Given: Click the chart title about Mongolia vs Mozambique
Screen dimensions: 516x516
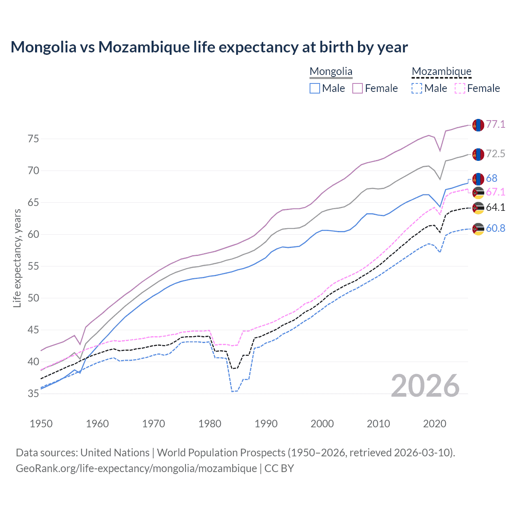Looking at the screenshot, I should tap(209, 47).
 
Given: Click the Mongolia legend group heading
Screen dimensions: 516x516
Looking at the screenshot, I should tap(331, 72).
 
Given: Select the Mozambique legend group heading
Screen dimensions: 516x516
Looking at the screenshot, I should tap(441, 72).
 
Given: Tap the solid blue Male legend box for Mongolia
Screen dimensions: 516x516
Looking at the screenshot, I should tap(315, 88).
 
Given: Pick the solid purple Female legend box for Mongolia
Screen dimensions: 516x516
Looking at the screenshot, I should tap(358, 88).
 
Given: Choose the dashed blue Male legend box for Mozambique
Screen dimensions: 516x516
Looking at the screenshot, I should tap(417, 88).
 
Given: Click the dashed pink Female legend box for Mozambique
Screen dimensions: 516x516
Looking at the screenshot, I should tap(460, 88).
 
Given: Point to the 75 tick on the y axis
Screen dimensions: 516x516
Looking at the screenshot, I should tap(33, 139).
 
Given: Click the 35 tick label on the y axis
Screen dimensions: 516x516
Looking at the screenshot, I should tap(33, 394).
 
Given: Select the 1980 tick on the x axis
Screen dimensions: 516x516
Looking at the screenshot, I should tap(210, 424).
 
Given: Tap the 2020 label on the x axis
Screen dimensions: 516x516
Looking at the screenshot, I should tap(435, 424).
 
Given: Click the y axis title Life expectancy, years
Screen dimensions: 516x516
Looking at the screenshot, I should tap(17, 258).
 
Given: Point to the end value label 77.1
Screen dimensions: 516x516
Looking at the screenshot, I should tap(495, 124).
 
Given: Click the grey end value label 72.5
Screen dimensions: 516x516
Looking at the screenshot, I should tap(495, 154).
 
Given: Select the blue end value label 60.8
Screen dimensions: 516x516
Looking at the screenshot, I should tap(495, 228).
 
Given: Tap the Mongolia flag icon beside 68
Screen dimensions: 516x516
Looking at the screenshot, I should tap(478, 179).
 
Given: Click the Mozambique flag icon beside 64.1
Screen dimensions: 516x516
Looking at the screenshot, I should tap(478, 208).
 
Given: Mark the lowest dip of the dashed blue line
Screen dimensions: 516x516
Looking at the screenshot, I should tap(233, 391).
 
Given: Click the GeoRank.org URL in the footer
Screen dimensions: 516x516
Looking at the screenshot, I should tap(136, 468).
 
